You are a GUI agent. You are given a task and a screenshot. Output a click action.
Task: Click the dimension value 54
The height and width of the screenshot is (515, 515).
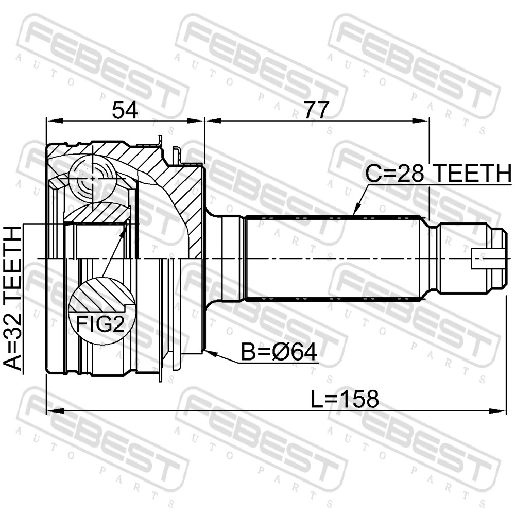click(125, 110)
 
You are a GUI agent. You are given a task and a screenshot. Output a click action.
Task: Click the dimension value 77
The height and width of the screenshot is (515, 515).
click(316, 110)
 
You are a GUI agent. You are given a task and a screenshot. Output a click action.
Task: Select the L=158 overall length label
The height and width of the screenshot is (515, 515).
click(345, 399)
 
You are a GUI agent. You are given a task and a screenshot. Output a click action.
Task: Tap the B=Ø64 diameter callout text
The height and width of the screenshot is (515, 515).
click(279, 352)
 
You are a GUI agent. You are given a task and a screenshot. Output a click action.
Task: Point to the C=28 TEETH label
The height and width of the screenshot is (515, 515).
click(439, 174)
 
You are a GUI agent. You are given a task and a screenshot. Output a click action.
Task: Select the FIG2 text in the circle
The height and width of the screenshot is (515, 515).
click(100, 324)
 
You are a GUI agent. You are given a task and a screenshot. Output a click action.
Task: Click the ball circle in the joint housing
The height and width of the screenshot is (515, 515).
click(93, 178)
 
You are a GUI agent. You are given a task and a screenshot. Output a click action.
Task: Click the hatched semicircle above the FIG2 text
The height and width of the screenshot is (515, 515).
click(102, 295)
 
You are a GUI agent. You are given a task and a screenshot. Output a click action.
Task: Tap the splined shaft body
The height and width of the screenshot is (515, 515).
click(333, 258)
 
